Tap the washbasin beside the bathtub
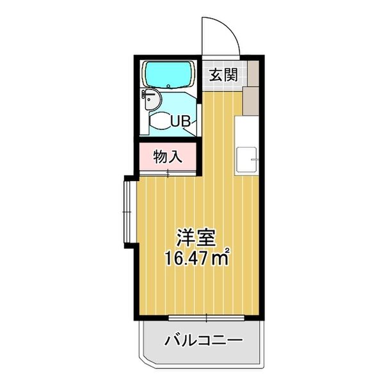[151, 99]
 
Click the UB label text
[179, 120]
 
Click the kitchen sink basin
[246, 159]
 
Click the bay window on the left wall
[126, 211]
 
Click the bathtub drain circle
[167, 85]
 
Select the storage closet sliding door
[168, 172]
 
